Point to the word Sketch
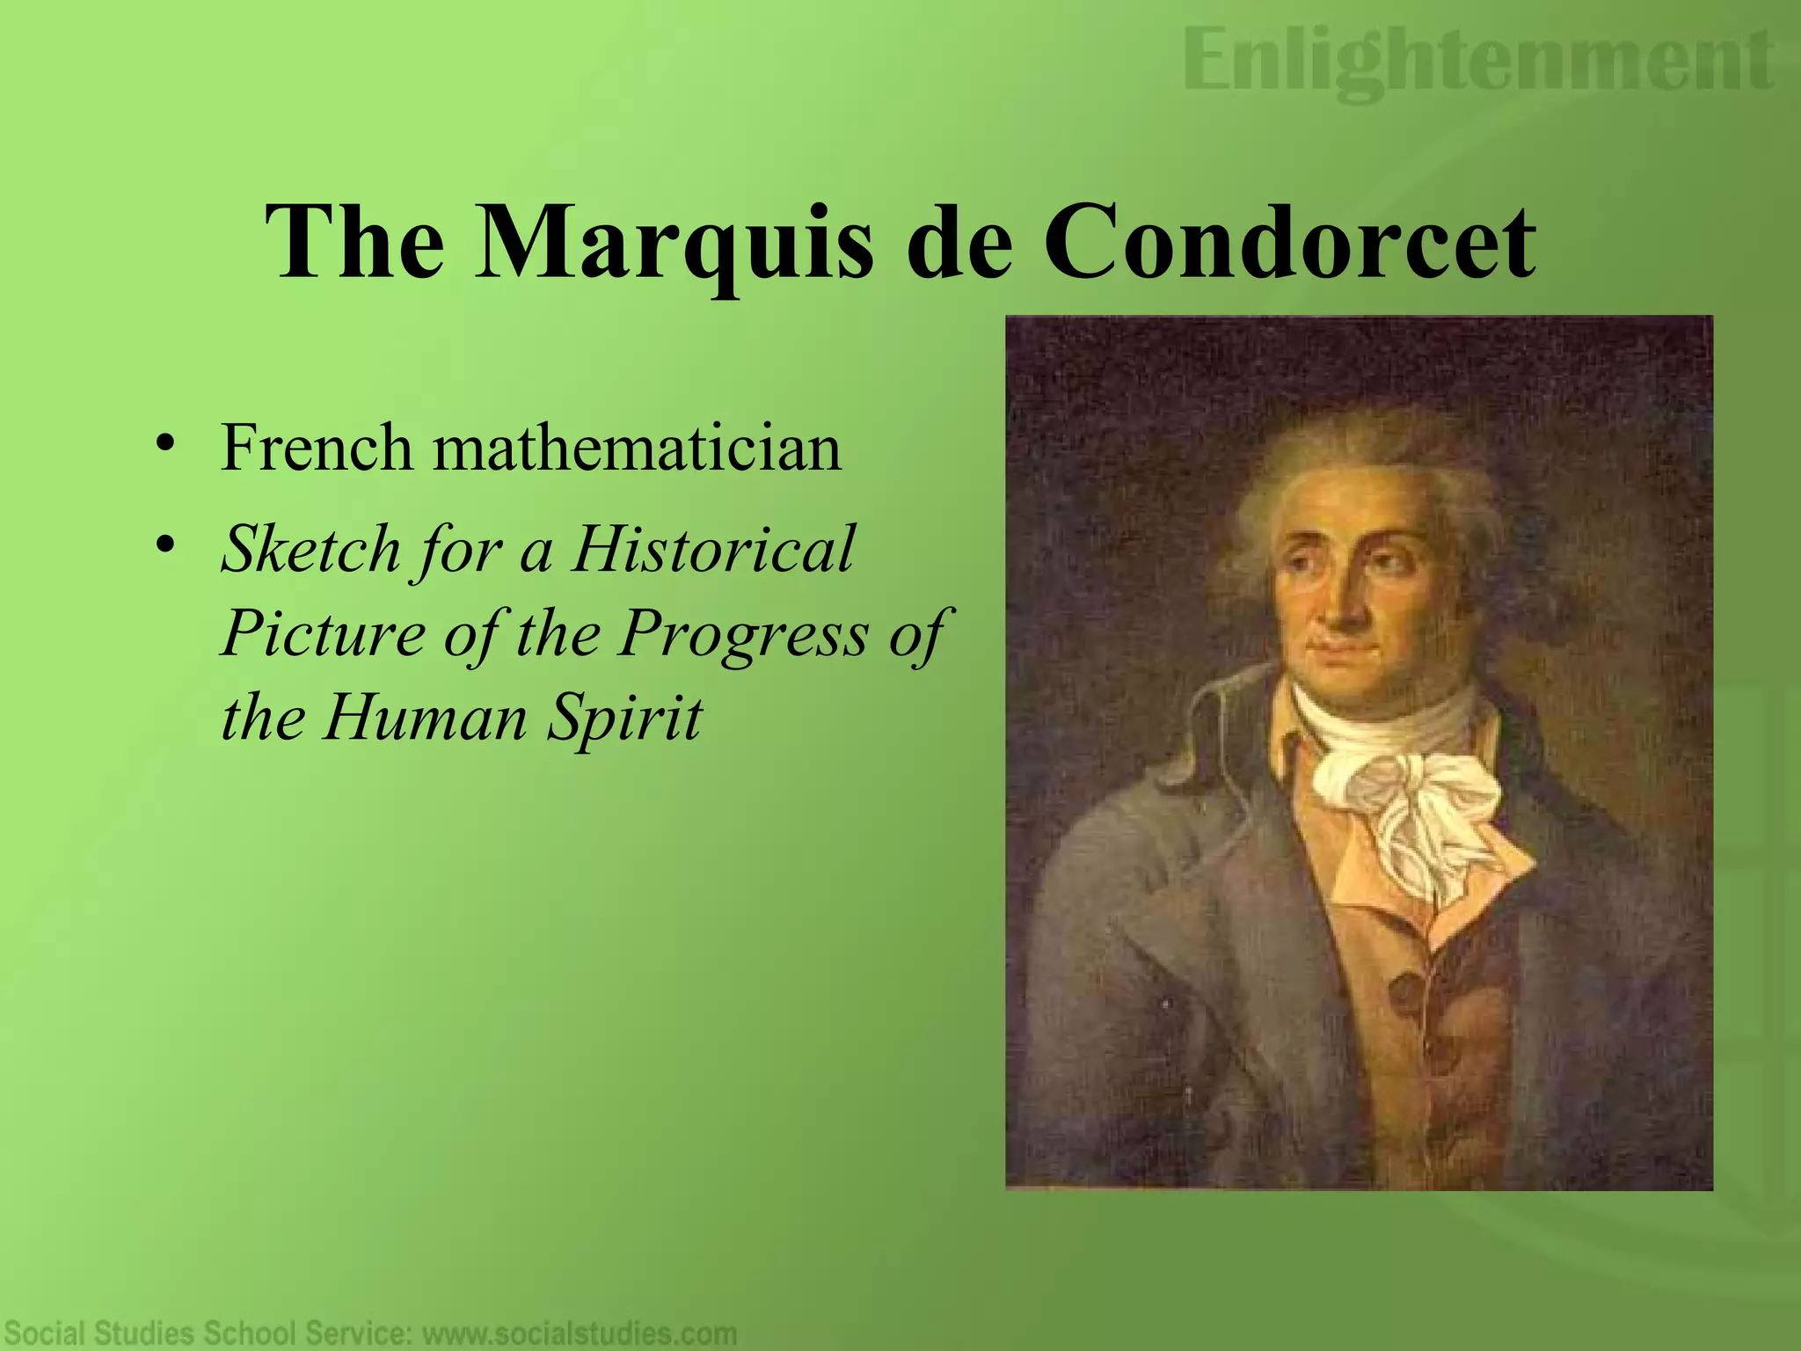tap(310, 549)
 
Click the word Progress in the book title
tap(742, 632)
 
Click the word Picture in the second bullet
tap(323, 632)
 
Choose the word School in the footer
tap(263, 1333)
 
